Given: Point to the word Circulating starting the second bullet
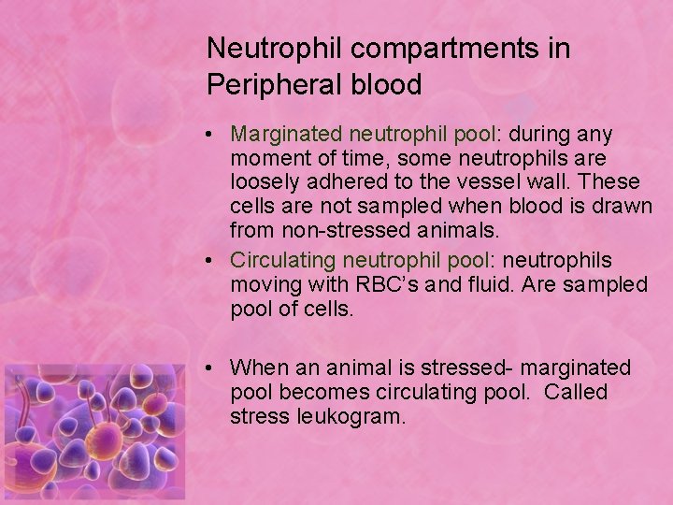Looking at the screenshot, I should click(283, 260).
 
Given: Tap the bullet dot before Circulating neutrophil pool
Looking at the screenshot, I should click(215, 261).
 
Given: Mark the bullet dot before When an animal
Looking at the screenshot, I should click(215, 368).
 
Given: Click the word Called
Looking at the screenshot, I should click(576, 391).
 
